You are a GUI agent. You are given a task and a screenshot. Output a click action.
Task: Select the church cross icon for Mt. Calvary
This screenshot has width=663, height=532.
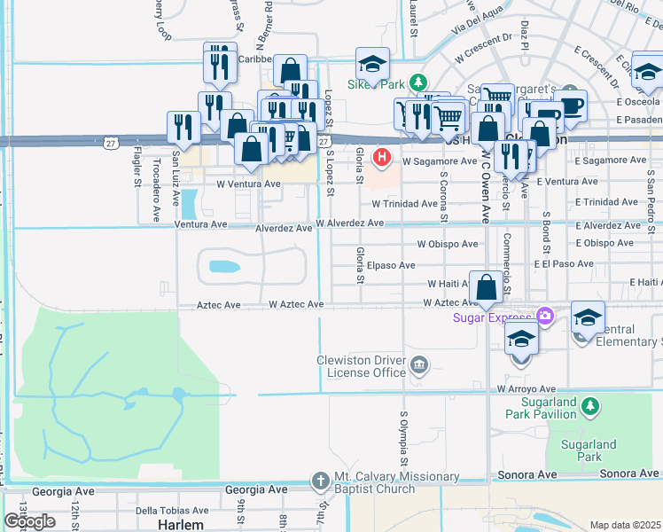(x=321, y=481)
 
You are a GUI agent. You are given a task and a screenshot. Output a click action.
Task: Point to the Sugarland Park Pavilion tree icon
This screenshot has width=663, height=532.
(x=589, y=408)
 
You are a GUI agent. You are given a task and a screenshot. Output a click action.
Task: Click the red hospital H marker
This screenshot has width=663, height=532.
(x=382, y=158)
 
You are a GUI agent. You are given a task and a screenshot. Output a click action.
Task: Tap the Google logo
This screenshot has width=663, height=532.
(x=29, y=520)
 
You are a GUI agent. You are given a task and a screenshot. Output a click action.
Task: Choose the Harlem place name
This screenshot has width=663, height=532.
(x=181, y=524)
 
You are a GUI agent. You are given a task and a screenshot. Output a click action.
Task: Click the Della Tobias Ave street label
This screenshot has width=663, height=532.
(x=172, y=511)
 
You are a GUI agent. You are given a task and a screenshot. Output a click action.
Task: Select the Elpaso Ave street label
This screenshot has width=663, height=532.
(x=394, y=265)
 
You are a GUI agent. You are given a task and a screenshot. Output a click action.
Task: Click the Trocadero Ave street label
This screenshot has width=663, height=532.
(x=156, y=176)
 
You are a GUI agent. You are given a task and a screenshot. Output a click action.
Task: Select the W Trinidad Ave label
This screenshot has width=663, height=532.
(x=405, y=203)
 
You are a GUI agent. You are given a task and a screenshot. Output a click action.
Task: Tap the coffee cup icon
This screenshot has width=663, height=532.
(x=573, y=106)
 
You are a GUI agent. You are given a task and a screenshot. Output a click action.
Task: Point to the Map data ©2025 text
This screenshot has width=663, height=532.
(x=624, y=525)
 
